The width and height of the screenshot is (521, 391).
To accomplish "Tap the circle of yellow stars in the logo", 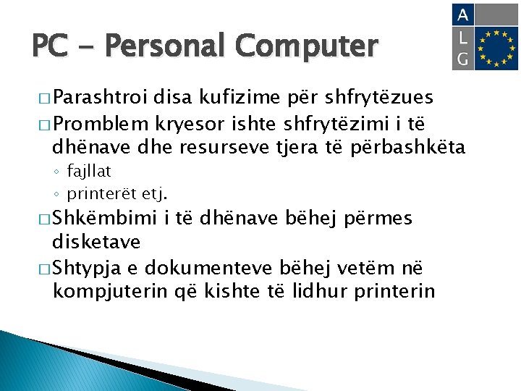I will (497, 49).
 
